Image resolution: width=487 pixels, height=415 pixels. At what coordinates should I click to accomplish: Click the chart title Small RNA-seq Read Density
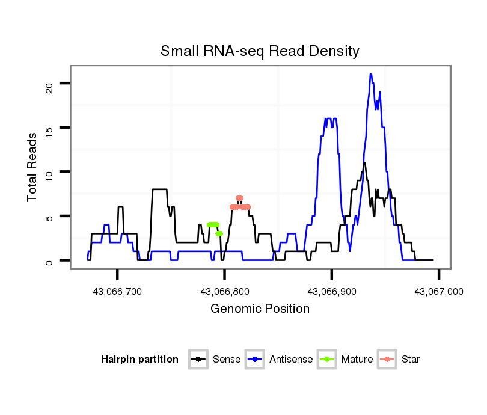[x=260, y=51]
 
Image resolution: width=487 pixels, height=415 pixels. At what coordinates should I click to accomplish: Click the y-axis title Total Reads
[x=32, y=167]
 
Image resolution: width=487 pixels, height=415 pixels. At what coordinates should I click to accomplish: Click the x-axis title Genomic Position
[x=260, y=309]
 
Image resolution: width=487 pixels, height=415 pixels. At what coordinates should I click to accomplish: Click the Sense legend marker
[x=198, y=360]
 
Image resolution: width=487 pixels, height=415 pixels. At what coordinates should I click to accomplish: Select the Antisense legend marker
[x=256, y=360]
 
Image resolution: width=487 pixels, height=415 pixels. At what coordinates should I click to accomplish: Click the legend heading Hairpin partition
[x=139, y=360]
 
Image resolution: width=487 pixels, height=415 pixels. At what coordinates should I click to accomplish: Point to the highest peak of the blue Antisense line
[x=371, y=75]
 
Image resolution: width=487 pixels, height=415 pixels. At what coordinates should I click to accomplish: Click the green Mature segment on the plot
[x=213, y=224]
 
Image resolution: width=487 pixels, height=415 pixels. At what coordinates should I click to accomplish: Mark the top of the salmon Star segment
[x=239, y=198]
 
